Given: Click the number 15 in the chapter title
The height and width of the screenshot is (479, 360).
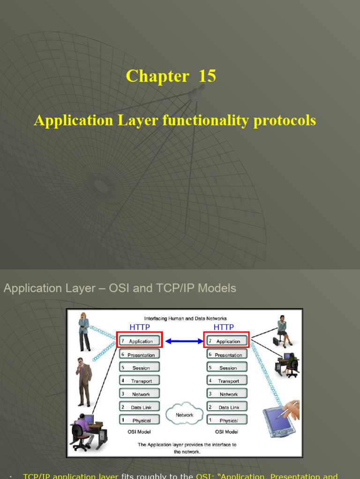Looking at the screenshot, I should [207, 76].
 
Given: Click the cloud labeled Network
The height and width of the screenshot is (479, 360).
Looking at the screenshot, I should [184, 414].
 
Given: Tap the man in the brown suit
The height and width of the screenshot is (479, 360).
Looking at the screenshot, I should [83, 381].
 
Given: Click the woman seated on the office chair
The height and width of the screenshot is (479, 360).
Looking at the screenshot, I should [283, 330].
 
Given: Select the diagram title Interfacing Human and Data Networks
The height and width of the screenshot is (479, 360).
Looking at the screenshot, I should [185, 319].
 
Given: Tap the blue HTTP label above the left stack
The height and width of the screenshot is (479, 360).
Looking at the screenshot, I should [139, 327].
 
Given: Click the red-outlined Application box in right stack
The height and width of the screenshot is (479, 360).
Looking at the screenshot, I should [226, 341].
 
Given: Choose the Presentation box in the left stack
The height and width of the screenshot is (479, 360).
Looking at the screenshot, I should [139, 355].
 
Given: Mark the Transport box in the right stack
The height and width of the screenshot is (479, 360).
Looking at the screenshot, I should [226, 381].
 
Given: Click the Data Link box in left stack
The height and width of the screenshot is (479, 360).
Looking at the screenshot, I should [139, 407].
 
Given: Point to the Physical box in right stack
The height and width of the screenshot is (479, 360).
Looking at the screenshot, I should [226, 420].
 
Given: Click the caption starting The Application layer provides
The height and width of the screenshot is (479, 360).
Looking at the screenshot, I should [184, 448].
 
